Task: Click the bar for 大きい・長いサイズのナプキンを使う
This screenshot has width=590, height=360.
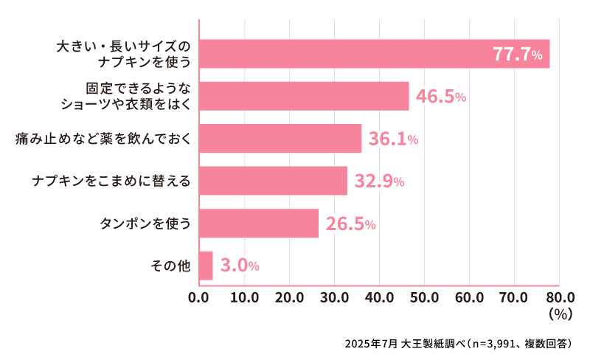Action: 374,54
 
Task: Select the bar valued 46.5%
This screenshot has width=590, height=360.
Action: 304,96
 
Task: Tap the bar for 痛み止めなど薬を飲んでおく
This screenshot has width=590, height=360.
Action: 280,138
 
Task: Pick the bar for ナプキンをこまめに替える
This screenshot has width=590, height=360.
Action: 273,181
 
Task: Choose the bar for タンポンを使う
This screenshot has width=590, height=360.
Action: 259,223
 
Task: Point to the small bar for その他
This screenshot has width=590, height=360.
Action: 206,266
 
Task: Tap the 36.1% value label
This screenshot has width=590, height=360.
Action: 393,139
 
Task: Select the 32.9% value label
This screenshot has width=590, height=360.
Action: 379,181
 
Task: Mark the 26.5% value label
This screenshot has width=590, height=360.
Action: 351,224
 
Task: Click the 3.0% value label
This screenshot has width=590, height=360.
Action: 240,266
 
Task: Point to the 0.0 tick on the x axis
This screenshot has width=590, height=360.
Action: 199,298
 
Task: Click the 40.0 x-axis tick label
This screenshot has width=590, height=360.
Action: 379,298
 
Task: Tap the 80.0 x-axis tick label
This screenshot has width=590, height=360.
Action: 558,298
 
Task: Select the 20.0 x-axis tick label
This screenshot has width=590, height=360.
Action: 289,298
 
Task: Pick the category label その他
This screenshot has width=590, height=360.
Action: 171,266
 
